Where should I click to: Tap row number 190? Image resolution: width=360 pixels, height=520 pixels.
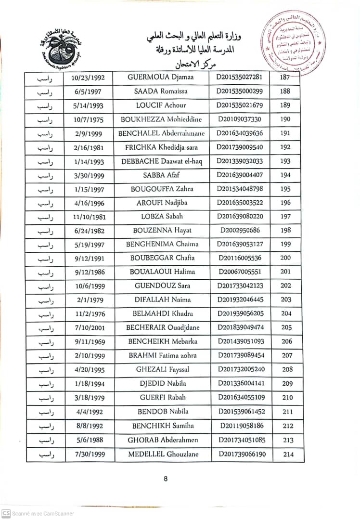coord(285,119)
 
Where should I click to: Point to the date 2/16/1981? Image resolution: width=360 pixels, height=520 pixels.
coord(89,147)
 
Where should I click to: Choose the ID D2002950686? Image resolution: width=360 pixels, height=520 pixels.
coord(240,230)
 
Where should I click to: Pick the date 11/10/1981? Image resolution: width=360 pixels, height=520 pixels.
coord(89,217)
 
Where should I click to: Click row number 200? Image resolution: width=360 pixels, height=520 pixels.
coord(285,258)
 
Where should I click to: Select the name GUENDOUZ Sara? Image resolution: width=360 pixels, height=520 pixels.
coord(162,286)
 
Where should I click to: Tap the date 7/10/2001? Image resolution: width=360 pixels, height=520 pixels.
coord(89,328)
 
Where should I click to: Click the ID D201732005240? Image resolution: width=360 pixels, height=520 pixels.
coord(241,369)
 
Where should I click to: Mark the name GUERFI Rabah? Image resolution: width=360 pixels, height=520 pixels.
coord(162,398)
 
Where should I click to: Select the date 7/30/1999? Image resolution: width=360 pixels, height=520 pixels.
coord(89,455)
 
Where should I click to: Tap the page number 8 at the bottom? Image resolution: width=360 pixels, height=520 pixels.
coord(166,479)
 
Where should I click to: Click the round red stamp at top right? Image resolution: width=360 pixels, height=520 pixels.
coord(293,43)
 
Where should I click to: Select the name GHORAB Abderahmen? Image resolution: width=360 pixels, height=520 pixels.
coord(163,440)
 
